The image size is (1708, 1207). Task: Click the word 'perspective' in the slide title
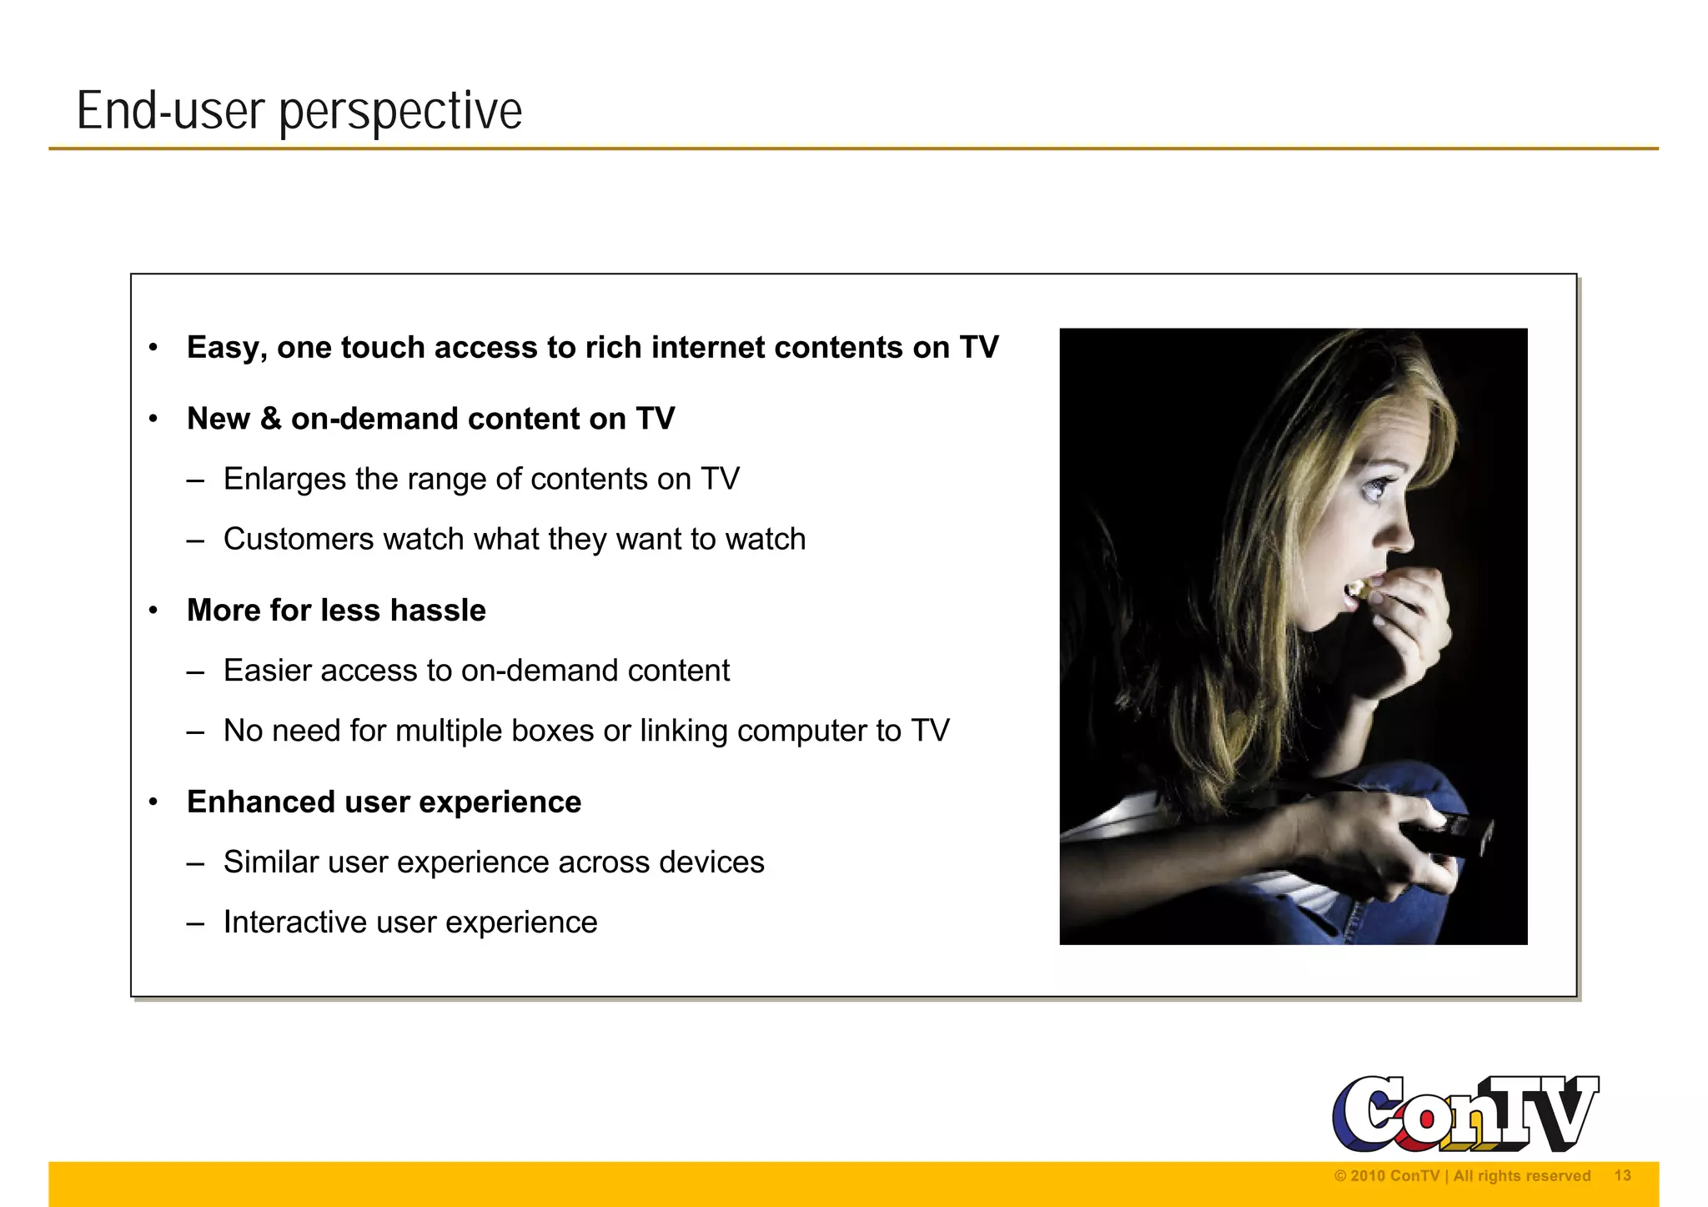(400, 112)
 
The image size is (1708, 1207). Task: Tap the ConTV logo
(1464, 1113)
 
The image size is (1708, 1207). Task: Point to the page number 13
(1622, 1175)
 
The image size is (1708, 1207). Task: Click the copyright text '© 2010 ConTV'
(1386, 1176)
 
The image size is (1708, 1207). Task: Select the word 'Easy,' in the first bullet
(227, 348)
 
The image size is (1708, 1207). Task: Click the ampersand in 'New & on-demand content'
(270, 419)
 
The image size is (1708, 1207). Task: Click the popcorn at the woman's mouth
(1358, 590)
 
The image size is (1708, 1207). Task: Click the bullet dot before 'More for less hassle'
(153, 611)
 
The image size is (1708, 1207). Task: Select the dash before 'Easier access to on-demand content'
(196, 671)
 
